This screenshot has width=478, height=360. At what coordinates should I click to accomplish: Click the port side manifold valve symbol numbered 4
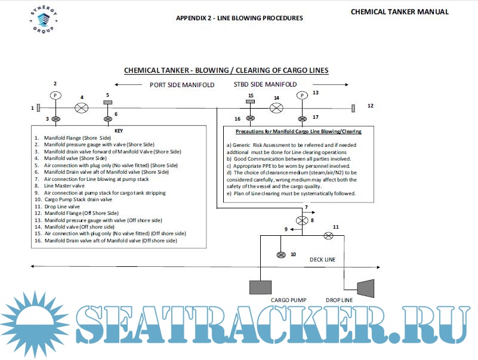click(82, 108)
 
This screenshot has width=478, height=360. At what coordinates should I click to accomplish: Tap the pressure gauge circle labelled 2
click(55, 96)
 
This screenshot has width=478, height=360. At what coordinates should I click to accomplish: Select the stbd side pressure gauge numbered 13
click(303, 96)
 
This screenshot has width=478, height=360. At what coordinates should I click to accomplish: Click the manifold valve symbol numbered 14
click(276, 108)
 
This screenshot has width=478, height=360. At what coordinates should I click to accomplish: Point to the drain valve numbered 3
click(55, 119)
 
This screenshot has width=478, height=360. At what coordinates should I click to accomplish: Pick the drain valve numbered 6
click(108, 119)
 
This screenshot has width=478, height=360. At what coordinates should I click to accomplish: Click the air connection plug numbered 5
click(108, 103)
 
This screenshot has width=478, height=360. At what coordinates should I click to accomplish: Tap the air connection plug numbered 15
click(251, 103)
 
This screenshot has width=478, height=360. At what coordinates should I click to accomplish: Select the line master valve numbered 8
click(303, 220)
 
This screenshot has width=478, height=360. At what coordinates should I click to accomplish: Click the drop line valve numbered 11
click(328, 235)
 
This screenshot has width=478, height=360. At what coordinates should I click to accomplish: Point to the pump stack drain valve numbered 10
click(281, 255)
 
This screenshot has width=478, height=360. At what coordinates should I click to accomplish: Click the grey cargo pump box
click(261, 287)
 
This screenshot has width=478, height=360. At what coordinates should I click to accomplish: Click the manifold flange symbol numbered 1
click(38, 108)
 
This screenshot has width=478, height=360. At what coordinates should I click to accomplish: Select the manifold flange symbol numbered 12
click(353, 108)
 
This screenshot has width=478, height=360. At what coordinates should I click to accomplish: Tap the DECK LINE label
click(322, 260)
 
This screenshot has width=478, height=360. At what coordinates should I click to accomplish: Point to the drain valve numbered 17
click(303, 118)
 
